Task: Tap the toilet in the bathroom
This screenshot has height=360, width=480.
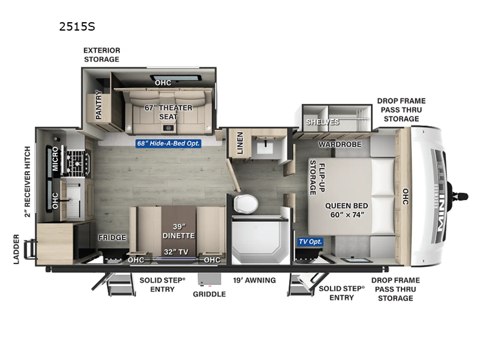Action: [244, 203]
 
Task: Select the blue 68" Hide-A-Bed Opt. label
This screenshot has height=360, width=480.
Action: [168, 143]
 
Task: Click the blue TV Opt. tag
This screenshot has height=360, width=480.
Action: [311, 242]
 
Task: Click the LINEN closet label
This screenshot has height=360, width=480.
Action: [239, 143]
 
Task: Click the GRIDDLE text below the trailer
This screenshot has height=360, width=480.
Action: [209, 294]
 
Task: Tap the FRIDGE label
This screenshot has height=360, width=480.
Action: [112, 238]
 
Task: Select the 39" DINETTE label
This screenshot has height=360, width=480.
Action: [179, 230]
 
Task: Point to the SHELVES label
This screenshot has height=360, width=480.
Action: [322, 122]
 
